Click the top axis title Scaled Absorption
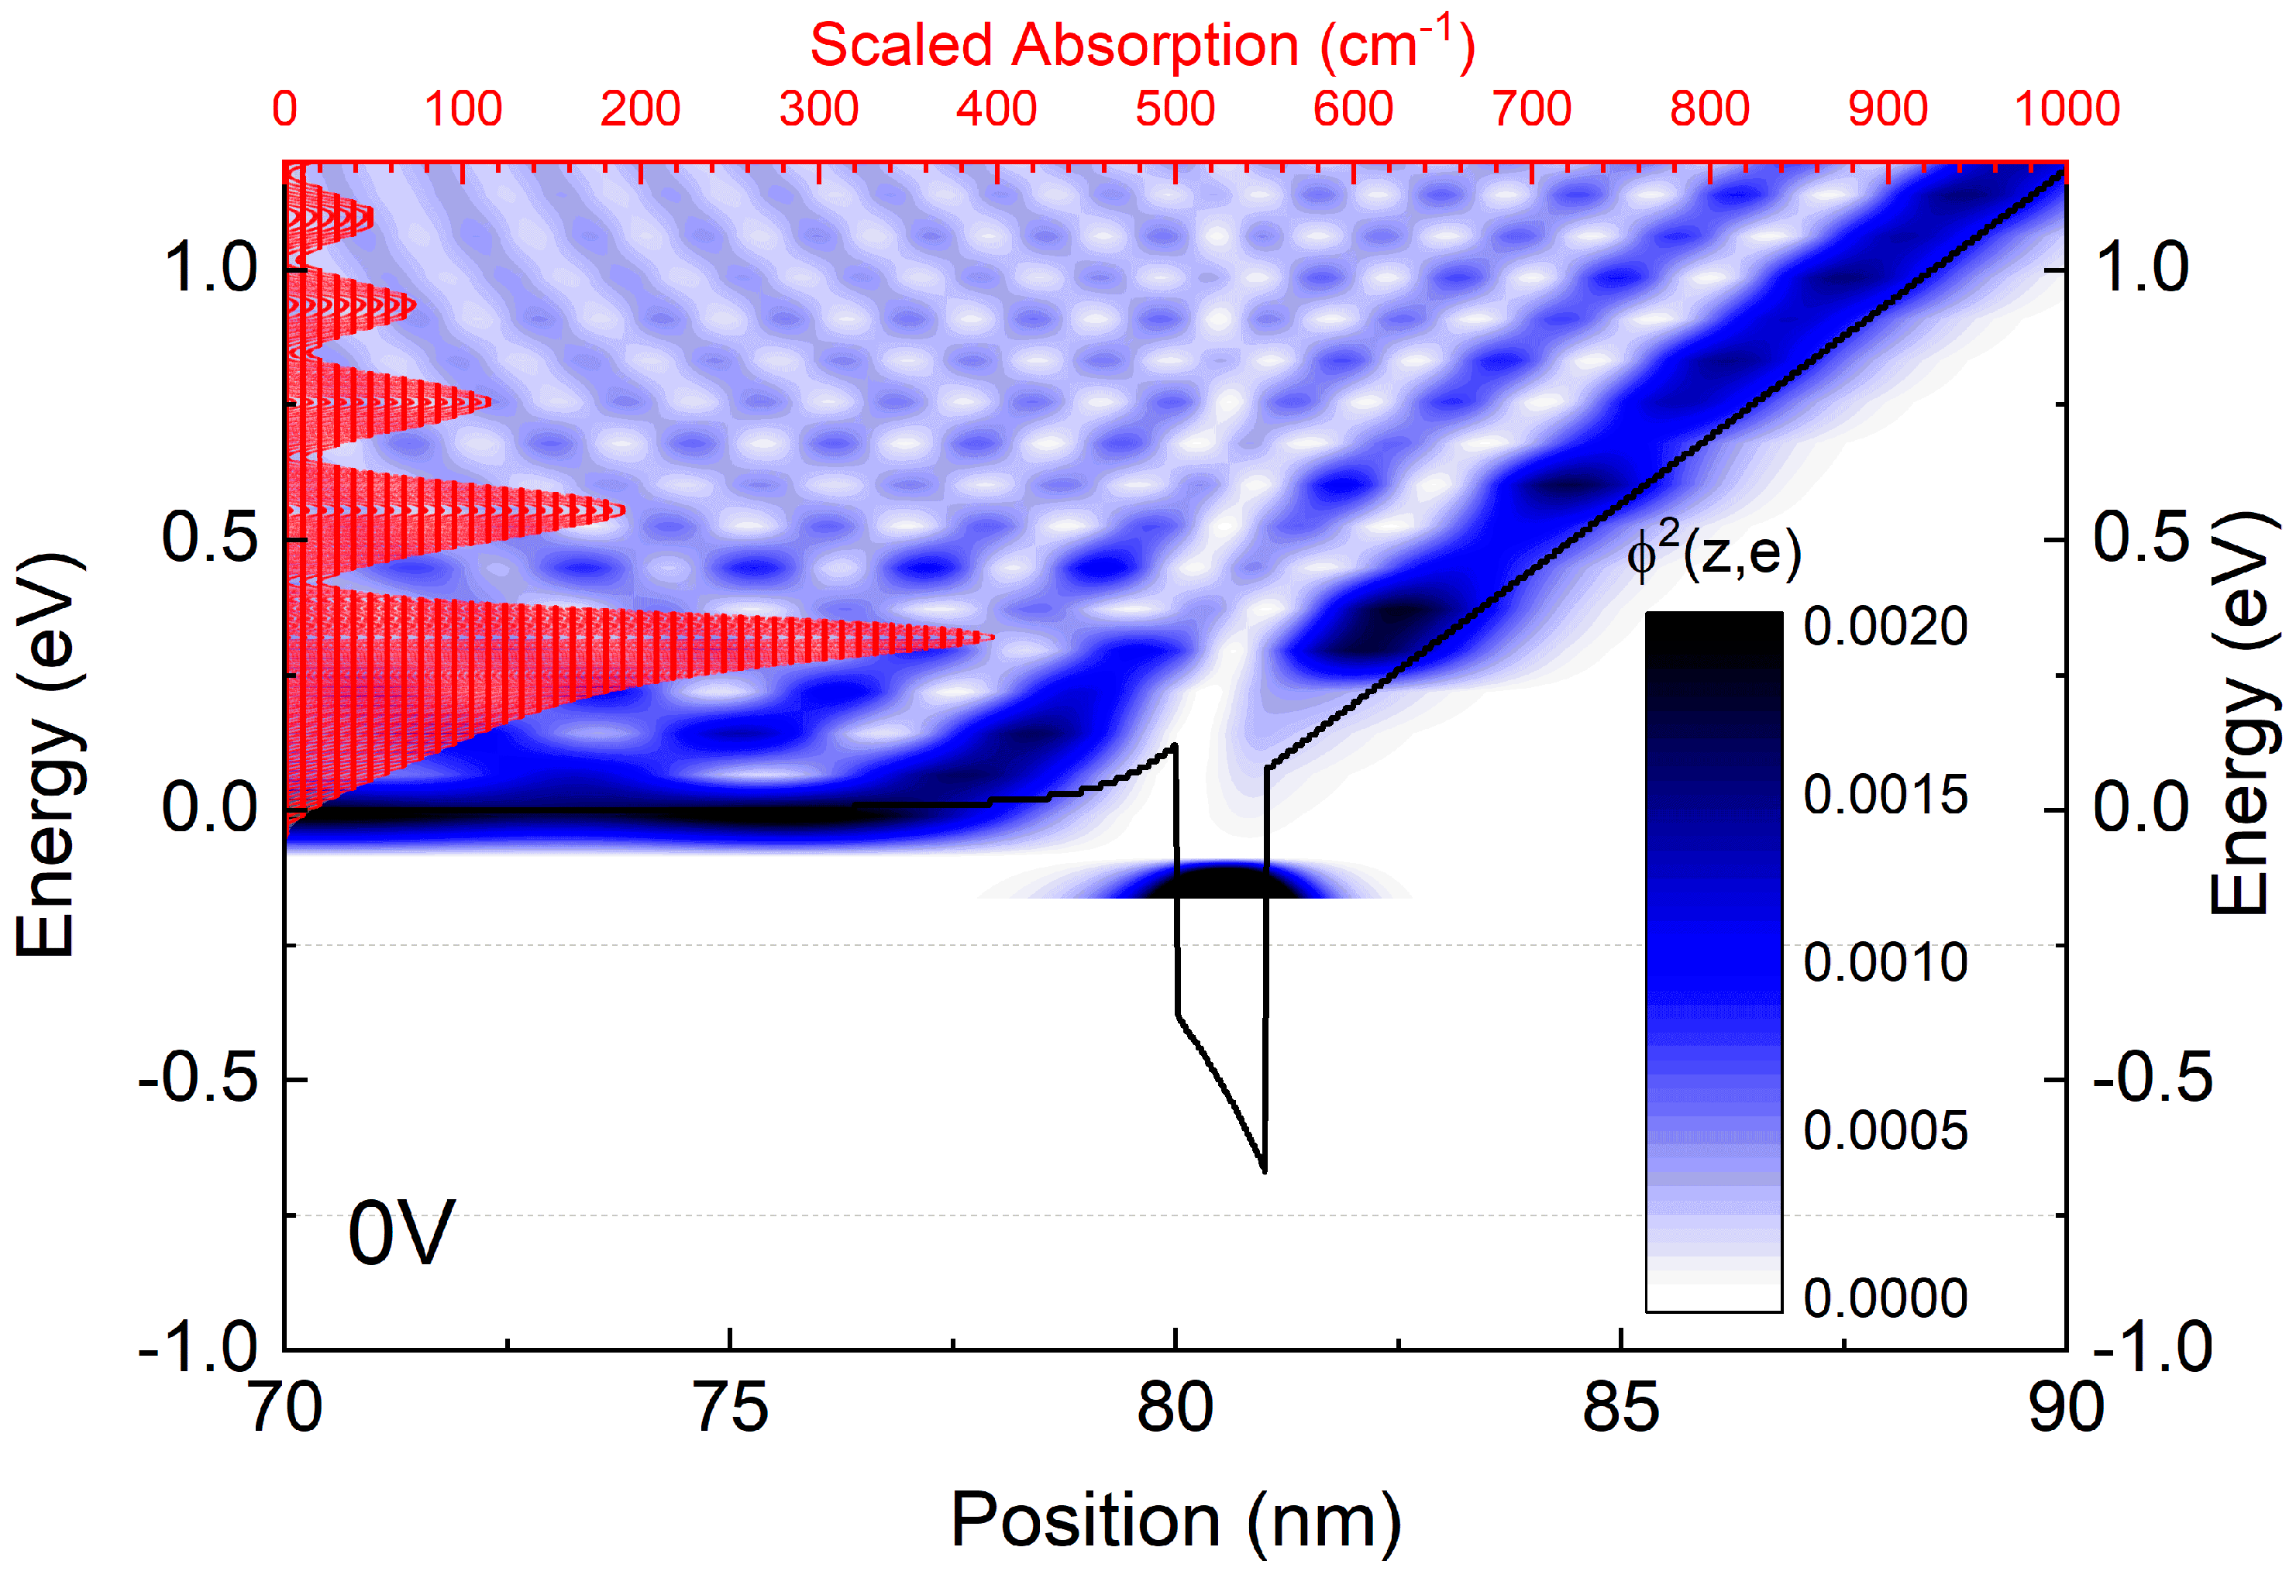[x=1142, y=46]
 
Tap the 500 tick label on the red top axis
[x=1175, y=108]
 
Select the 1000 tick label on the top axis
[x=2067, y=108]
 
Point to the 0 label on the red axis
[x=285, y=108]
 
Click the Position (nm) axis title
[x=1175, y=1521]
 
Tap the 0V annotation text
[x=401, y=1233]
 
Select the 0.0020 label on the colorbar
[x=1885, y=626]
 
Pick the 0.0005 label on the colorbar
[x=1885, y=1130]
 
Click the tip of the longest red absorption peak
[x=993, y=638]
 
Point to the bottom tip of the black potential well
[x=1264, y=1171]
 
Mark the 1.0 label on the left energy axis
[x=210, y=268]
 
